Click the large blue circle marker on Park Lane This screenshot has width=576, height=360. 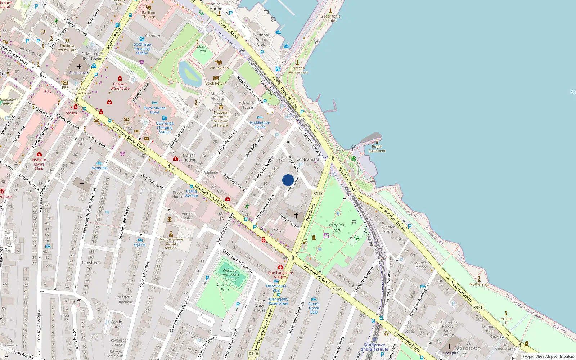(288, 180)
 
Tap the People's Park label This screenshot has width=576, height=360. (337, 228)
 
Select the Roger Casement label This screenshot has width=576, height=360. (377, 149)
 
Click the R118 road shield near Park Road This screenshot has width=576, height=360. (318, 193)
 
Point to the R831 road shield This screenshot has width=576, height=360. (478, 307)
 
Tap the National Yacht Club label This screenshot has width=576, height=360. (261, 40)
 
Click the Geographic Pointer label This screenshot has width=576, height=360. (330, 18)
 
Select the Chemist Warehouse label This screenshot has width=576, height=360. (120, 86)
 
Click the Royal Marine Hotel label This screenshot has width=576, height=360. (154, 110)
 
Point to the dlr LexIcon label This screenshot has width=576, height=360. (219, 68)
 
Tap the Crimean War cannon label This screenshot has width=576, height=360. (297, 70)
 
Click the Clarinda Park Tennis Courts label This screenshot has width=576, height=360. (230, 275)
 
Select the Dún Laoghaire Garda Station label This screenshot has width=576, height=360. (171, 243)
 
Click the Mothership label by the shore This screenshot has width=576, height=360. (479, 284)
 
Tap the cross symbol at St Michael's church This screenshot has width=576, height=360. (79, 67)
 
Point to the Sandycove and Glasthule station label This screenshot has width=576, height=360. (374, 347)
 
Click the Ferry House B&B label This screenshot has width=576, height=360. (276, 288)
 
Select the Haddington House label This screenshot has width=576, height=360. (260, 125)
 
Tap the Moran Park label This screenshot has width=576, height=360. (202, 49)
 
